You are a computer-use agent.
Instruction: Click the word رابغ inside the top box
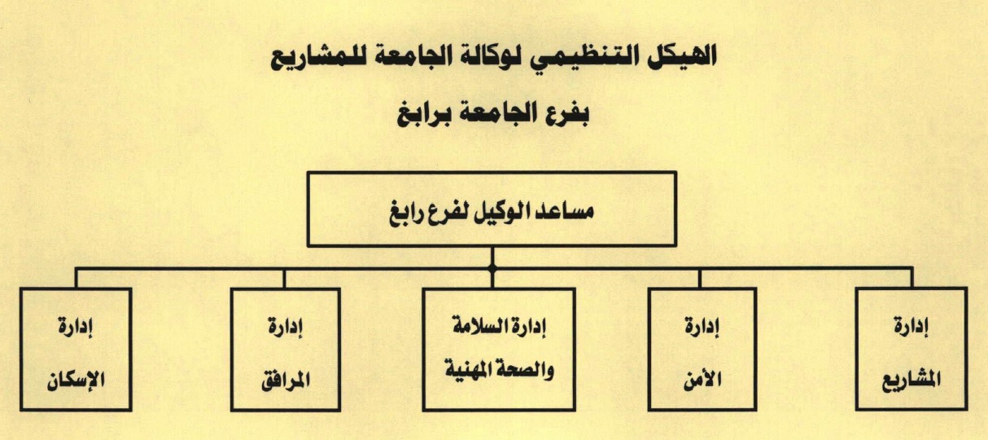click(407, 215)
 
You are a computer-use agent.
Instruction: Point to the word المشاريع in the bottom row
click(911, 381)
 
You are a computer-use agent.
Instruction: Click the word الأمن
click(702, 379)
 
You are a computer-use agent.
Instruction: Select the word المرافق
click(286, 380)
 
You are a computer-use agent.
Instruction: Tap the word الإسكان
click(76, 380)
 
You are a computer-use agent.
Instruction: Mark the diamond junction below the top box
click(492, 268)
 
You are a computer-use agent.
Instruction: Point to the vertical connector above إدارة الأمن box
click(700, 279)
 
